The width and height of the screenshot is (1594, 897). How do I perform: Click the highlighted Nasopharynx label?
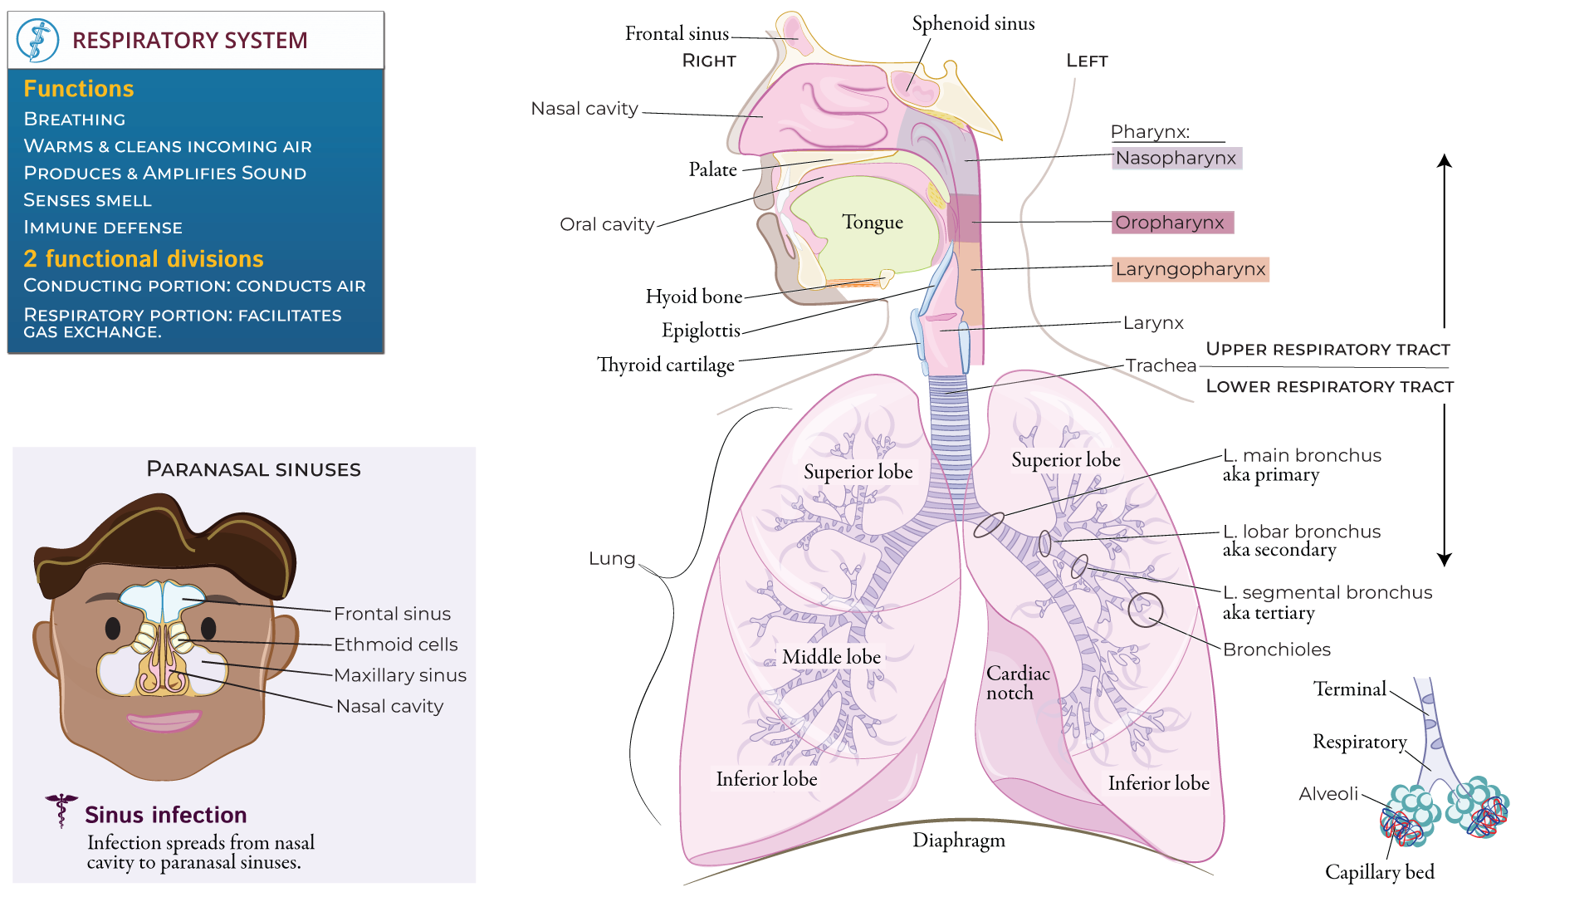1176,158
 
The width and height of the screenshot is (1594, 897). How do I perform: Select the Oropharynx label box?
1171,223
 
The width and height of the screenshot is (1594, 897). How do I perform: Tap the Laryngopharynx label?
1190,269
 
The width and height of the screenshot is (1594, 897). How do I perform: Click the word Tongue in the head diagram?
872,223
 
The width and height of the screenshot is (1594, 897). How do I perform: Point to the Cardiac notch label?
1017,683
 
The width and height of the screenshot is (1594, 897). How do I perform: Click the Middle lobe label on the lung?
831,657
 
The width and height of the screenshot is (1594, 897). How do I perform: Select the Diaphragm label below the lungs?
959,841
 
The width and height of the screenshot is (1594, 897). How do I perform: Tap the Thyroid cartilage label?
666,365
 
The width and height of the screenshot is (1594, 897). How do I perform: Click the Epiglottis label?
701,331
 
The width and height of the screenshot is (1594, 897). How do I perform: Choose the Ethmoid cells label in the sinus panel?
395,645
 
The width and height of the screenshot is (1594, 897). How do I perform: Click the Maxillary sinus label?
399,675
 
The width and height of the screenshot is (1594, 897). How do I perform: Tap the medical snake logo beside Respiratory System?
37,41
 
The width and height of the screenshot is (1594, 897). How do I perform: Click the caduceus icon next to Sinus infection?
61,810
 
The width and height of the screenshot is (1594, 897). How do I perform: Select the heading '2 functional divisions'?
144,259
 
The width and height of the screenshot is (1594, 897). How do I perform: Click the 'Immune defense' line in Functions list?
103,228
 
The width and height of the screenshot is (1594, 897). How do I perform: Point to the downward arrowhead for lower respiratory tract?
1445,560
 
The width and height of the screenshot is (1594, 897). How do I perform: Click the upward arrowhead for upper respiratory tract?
1445,160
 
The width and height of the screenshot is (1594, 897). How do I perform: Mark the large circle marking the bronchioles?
1146,610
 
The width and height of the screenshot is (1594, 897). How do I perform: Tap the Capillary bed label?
1379,872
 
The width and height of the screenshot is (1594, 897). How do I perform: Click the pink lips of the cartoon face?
164,720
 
